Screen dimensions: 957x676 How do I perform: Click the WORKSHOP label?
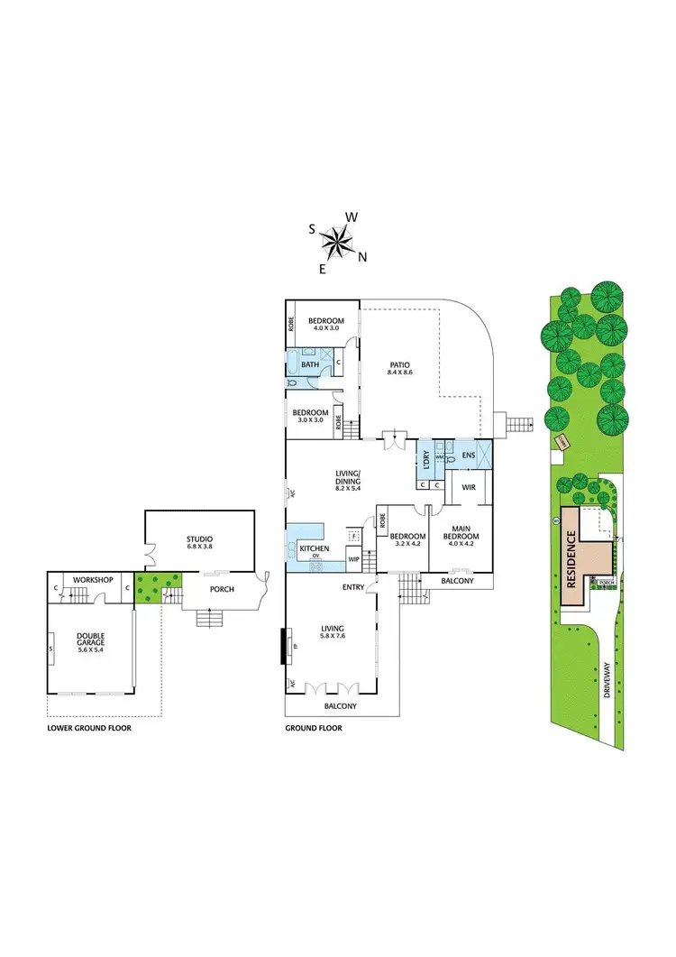[x=93, y=579]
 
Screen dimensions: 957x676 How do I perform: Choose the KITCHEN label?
[x=315, y=548]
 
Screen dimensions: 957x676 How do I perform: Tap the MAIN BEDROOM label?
[x=460, y=532]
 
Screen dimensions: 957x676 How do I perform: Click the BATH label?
[x=310, y=364]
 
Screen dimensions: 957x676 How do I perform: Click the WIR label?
[x=469, y=487]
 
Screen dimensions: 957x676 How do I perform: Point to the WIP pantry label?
[x=353, y=559]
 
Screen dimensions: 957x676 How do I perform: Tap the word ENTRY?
[x=353, y=587]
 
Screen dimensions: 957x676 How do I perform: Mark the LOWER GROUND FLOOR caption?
[x=89, y=727]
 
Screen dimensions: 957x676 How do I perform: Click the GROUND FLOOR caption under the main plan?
[x=314, y=727]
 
